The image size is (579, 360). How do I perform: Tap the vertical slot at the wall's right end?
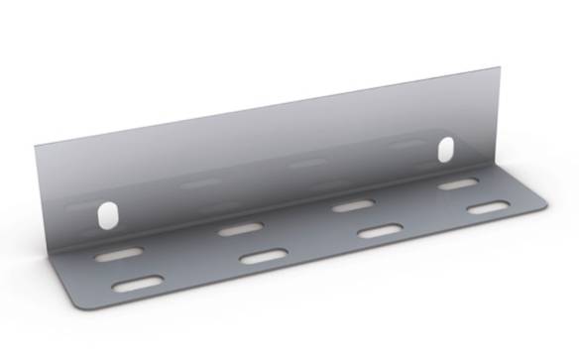pos(446,150)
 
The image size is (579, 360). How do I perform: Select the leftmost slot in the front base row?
pos(138,285)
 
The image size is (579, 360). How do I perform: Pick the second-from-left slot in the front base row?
pos(263,257)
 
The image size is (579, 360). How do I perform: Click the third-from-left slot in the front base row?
pos(379,231)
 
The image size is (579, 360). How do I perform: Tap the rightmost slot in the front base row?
pos(488,208)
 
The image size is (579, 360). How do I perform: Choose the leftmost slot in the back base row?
pos(119,254)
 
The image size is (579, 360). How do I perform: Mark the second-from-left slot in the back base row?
pos(240,229)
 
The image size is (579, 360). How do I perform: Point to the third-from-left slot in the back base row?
pos(352,205)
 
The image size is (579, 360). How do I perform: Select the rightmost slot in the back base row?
pos(458,184)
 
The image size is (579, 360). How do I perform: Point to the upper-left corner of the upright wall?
pos(36,146)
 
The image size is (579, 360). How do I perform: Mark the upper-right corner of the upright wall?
pos(501,70)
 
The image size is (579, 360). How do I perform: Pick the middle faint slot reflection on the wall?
pos(306,162)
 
